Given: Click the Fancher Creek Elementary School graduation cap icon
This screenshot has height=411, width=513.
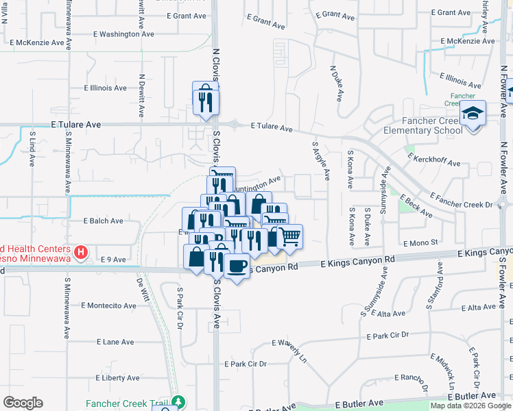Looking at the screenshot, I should [473, 112].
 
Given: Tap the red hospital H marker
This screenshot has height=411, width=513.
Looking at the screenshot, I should [82, 253].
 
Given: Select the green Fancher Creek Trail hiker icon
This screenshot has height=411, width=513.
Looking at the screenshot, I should [178, 401].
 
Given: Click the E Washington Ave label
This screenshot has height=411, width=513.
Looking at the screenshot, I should [123, 34].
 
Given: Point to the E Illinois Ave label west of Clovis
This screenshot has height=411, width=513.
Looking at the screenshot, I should [105, 88].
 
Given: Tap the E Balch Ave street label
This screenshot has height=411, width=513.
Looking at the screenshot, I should [103, 221].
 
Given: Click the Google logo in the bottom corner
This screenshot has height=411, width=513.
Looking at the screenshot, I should [23, 402].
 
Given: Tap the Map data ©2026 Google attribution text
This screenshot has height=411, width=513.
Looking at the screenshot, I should [470, 406].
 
